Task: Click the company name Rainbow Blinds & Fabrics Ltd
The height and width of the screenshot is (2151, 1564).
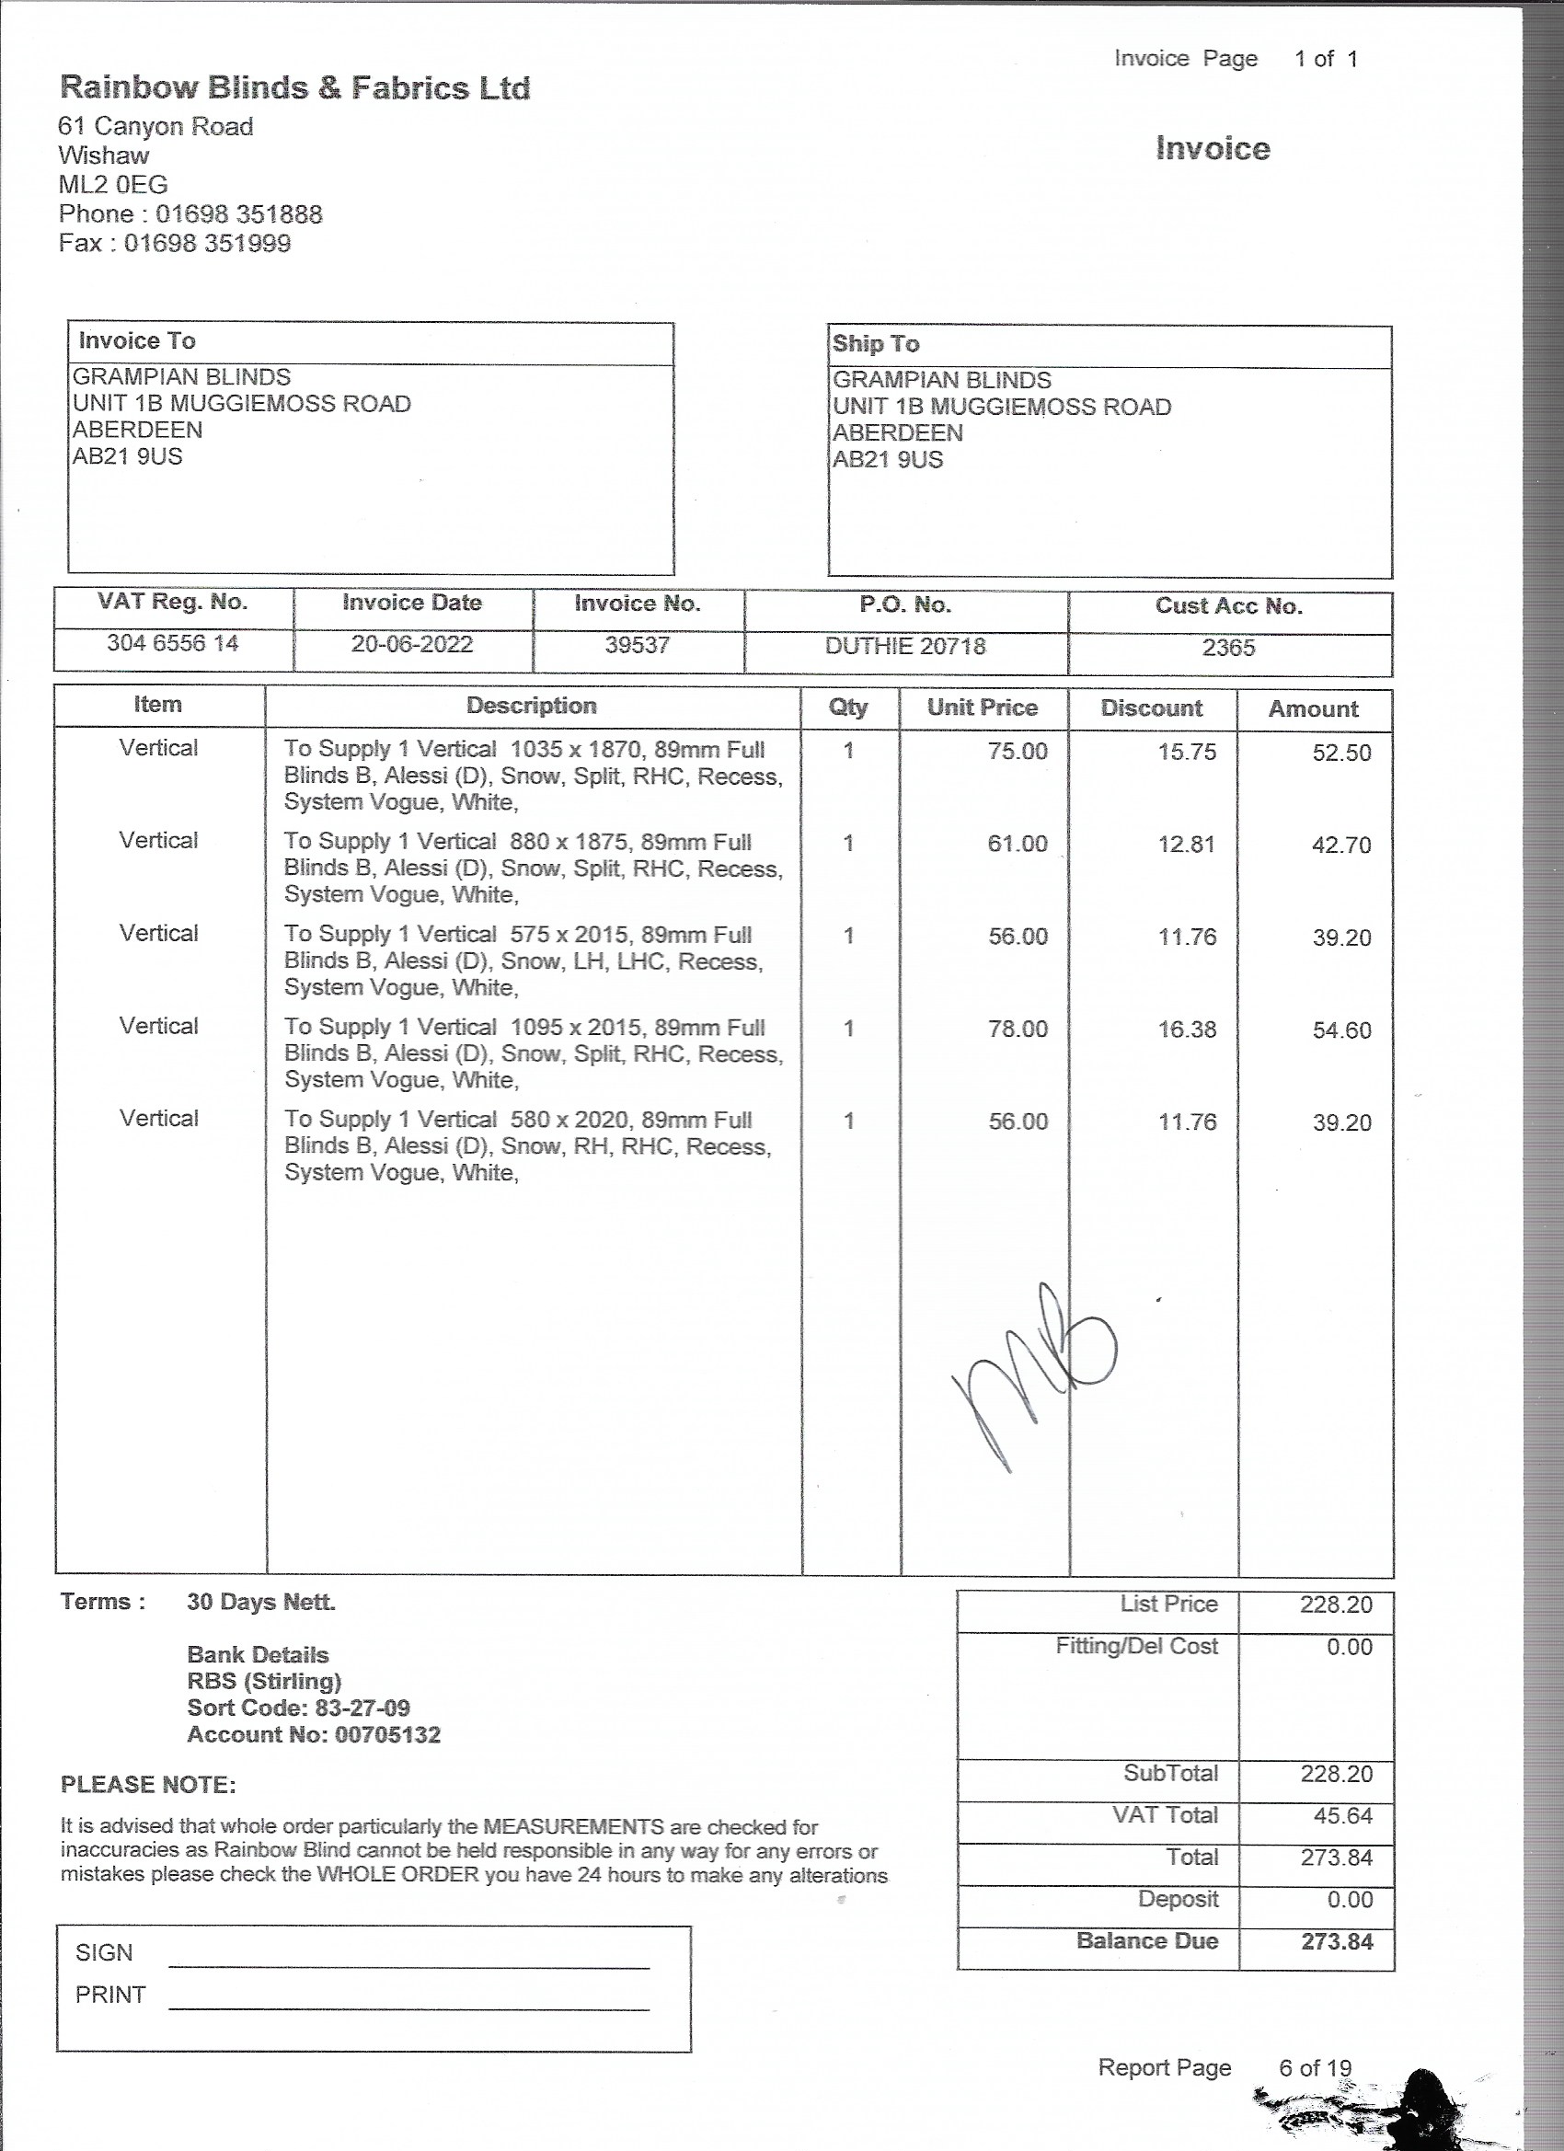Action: (295, 88)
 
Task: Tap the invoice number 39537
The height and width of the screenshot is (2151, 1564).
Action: (637, 645)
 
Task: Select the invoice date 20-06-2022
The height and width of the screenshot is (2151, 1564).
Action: (411, 644)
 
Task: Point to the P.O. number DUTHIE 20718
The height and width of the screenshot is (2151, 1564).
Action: (905, 646)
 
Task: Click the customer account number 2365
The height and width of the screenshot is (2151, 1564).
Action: (1228, 647)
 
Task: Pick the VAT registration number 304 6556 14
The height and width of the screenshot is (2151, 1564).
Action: (173, 643)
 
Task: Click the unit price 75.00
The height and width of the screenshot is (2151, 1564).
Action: (1017, 751)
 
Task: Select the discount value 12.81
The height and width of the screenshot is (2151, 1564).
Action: (1186, 844)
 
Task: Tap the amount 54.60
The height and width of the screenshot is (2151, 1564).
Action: (1341, 1030)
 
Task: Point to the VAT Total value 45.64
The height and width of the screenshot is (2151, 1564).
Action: (1337, 1815)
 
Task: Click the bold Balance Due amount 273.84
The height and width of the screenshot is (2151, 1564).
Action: (1337, 1940)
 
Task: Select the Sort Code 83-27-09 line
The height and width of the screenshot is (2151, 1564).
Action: (299, 1708)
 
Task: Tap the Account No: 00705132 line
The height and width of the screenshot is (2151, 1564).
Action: (314, 1734)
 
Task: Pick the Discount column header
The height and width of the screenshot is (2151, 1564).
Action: (1151, 708)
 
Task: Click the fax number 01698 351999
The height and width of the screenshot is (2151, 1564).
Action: (207, 243)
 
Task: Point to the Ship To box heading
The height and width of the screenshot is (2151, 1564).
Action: (876, 344)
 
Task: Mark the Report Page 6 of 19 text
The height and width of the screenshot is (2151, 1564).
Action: (1224, 2067)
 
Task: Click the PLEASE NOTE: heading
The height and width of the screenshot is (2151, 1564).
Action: (148, 1784)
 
